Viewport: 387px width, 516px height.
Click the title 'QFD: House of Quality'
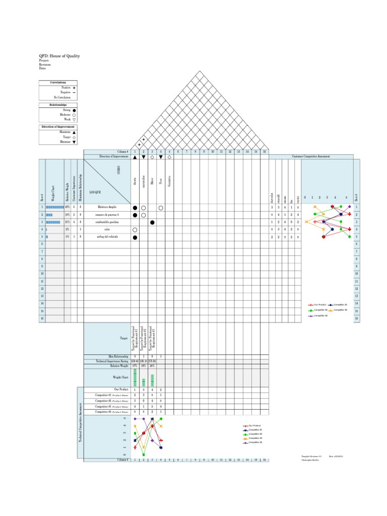click(59, 56)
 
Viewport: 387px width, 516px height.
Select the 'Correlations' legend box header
click(58, 82)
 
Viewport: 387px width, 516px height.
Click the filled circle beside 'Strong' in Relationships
click(74, 110)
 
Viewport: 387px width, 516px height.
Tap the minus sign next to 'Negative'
click(74, 92)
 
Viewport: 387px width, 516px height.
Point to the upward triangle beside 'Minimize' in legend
click(74, 132)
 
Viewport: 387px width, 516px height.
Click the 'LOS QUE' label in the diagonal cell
click(95, 192)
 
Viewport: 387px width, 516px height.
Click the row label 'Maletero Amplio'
click(107, 207)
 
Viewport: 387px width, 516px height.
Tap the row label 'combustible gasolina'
click(107, 222)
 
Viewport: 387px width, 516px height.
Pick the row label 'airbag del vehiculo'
click(107, 236)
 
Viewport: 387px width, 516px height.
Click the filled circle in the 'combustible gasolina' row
click(152, 222)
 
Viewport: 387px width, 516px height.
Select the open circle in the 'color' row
click(135, 229)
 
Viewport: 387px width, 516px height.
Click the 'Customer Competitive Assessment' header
click(311, 157)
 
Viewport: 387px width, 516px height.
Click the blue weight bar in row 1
click(54, 207)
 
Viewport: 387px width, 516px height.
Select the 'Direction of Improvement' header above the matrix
click(114, 157)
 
